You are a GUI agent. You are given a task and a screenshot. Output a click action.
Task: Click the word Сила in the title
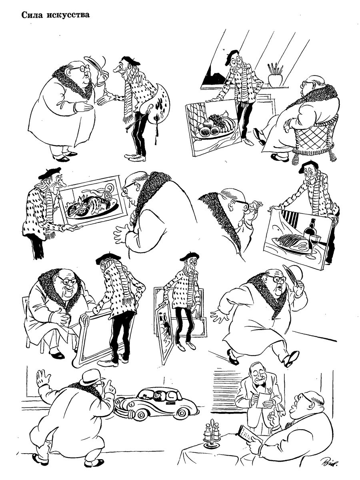pyautogui.click(x=32, y=15)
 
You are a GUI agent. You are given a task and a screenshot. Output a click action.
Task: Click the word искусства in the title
pyautogui.click(x=68, y=15)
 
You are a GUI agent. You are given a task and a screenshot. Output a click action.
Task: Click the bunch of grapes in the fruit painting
pyautogui.click(x=216, y=120)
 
